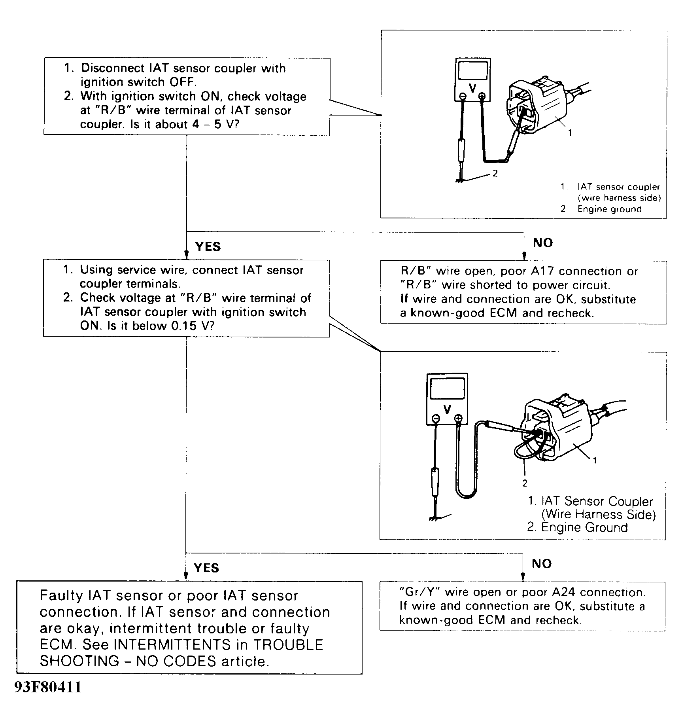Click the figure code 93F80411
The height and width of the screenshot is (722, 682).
click(x=48, y=687)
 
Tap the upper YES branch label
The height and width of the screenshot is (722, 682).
click(x=208, y=246)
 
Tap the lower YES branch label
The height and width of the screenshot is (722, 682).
click(x=206, y=568)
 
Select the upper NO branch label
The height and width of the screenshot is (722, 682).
click(x=543, y=243)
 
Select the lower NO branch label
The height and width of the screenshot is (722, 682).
click(x=542, y=563)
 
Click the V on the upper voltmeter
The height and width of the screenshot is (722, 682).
click(x=472, y=89)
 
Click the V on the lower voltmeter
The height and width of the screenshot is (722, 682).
click(x=447, y=409)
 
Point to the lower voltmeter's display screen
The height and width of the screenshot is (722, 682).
click(x=447, y=388)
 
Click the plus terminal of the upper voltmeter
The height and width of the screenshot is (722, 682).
click(x=482, y=96)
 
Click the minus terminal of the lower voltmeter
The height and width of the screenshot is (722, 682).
click(x=436, y=418)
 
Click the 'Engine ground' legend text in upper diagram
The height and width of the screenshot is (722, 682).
click(x=609, y=209)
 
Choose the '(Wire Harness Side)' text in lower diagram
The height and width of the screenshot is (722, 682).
click(x=598, y=514)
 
